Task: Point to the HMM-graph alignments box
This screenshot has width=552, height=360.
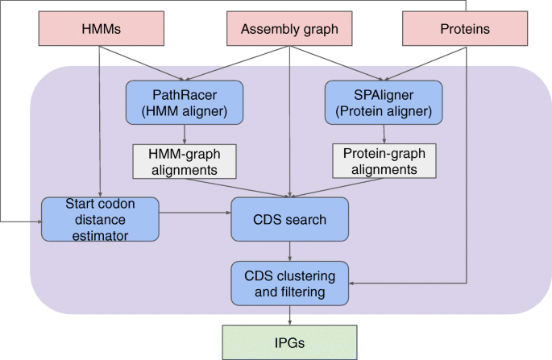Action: pyautogui.click(x=185, y=161)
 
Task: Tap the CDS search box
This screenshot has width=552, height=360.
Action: pyautogui.click(x=289, y=217)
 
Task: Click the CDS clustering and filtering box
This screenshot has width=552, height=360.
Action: pyautogui.click(x=289, y=282)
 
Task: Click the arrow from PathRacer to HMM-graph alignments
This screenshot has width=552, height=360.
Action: pyautogui.click(x=185, y=134)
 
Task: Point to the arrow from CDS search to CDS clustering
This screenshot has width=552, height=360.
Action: pyautogui.click(x=289, y=250)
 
